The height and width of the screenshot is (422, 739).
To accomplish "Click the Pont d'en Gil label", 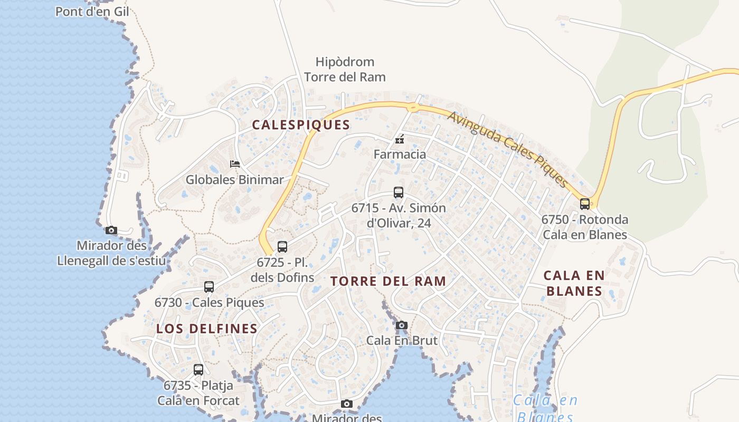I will tap(92, 11).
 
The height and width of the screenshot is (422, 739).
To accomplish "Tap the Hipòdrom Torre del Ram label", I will tap(345, 70).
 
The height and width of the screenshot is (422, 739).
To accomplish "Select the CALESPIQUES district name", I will tap(301, 125).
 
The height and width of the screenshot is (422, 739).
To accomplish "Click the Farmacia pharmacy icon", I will tap(400, 139).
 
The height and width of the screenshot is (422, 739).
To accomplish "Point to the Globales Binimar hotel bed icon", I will tap(235, 164).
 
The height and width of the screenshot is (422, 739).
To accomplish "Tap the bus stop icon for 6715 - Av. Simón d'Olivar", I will tap(399, 193).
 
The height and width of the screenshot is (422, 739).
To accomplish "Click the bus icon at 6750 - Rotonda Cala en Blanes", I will tap(585, 204).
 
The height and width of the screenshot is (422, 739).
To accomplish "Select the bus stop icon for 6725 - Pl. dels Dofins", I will tap(282, 246).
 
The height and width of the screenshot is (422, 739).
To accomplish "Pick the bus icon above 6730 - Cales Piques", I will tap(209, 287).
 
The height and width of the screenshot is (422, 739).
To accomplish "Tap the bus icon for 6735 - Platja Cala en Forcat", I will tap(198, 370).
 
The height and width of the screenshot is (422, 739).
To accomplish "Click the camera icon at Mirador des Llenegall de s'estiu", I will tap(111, 230).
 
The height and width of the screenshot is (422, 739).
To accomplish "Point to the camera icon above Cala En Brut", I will tap(402, 325).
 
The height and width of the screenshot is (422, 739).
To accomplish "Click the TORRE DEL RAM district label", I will tap(389, 281).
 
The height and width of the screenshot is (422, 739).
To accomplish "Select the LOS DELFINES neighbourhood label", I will tap(207, 329).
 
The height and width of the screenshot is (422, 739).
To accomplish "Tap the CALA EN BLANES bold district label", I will tap(574, 283).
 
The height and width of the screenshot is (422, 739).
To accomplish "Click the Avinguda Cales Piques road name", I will tap(508, 149).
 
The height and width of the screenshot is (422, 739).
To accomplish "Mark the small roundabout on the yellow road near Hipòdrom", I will tap(413, 108).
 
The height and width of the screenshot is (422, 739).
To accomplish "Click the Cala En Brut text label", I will tap(402, 340).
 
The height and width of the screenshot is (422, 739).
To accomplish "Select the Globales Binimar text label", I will tap(234, 179).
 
